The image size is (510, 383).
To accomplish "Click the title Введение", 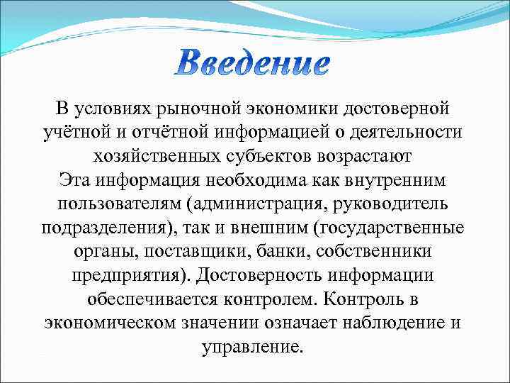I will (x=252, y=65).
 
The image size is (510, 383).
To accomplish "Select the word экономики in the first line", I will (x=293, y=109).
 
